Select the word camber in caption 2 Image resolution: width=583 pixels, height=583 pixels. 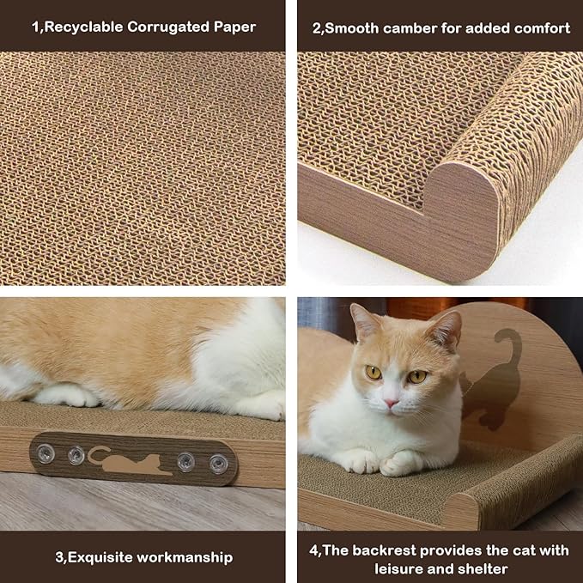coord(409,27)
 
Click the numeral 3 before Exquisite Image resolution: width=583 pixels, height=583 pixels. coord(59,557)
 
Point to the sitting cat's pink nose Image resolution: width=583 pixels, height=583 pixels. coord(391,402)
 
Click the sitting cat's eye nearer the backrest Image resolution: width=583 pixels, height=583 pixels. coord(416,376)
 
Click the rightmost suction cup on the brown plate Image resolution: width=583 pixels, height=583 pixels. coord(218,464)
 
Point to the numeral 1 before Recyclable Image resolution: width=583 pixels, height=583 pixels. coord(36,27)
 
